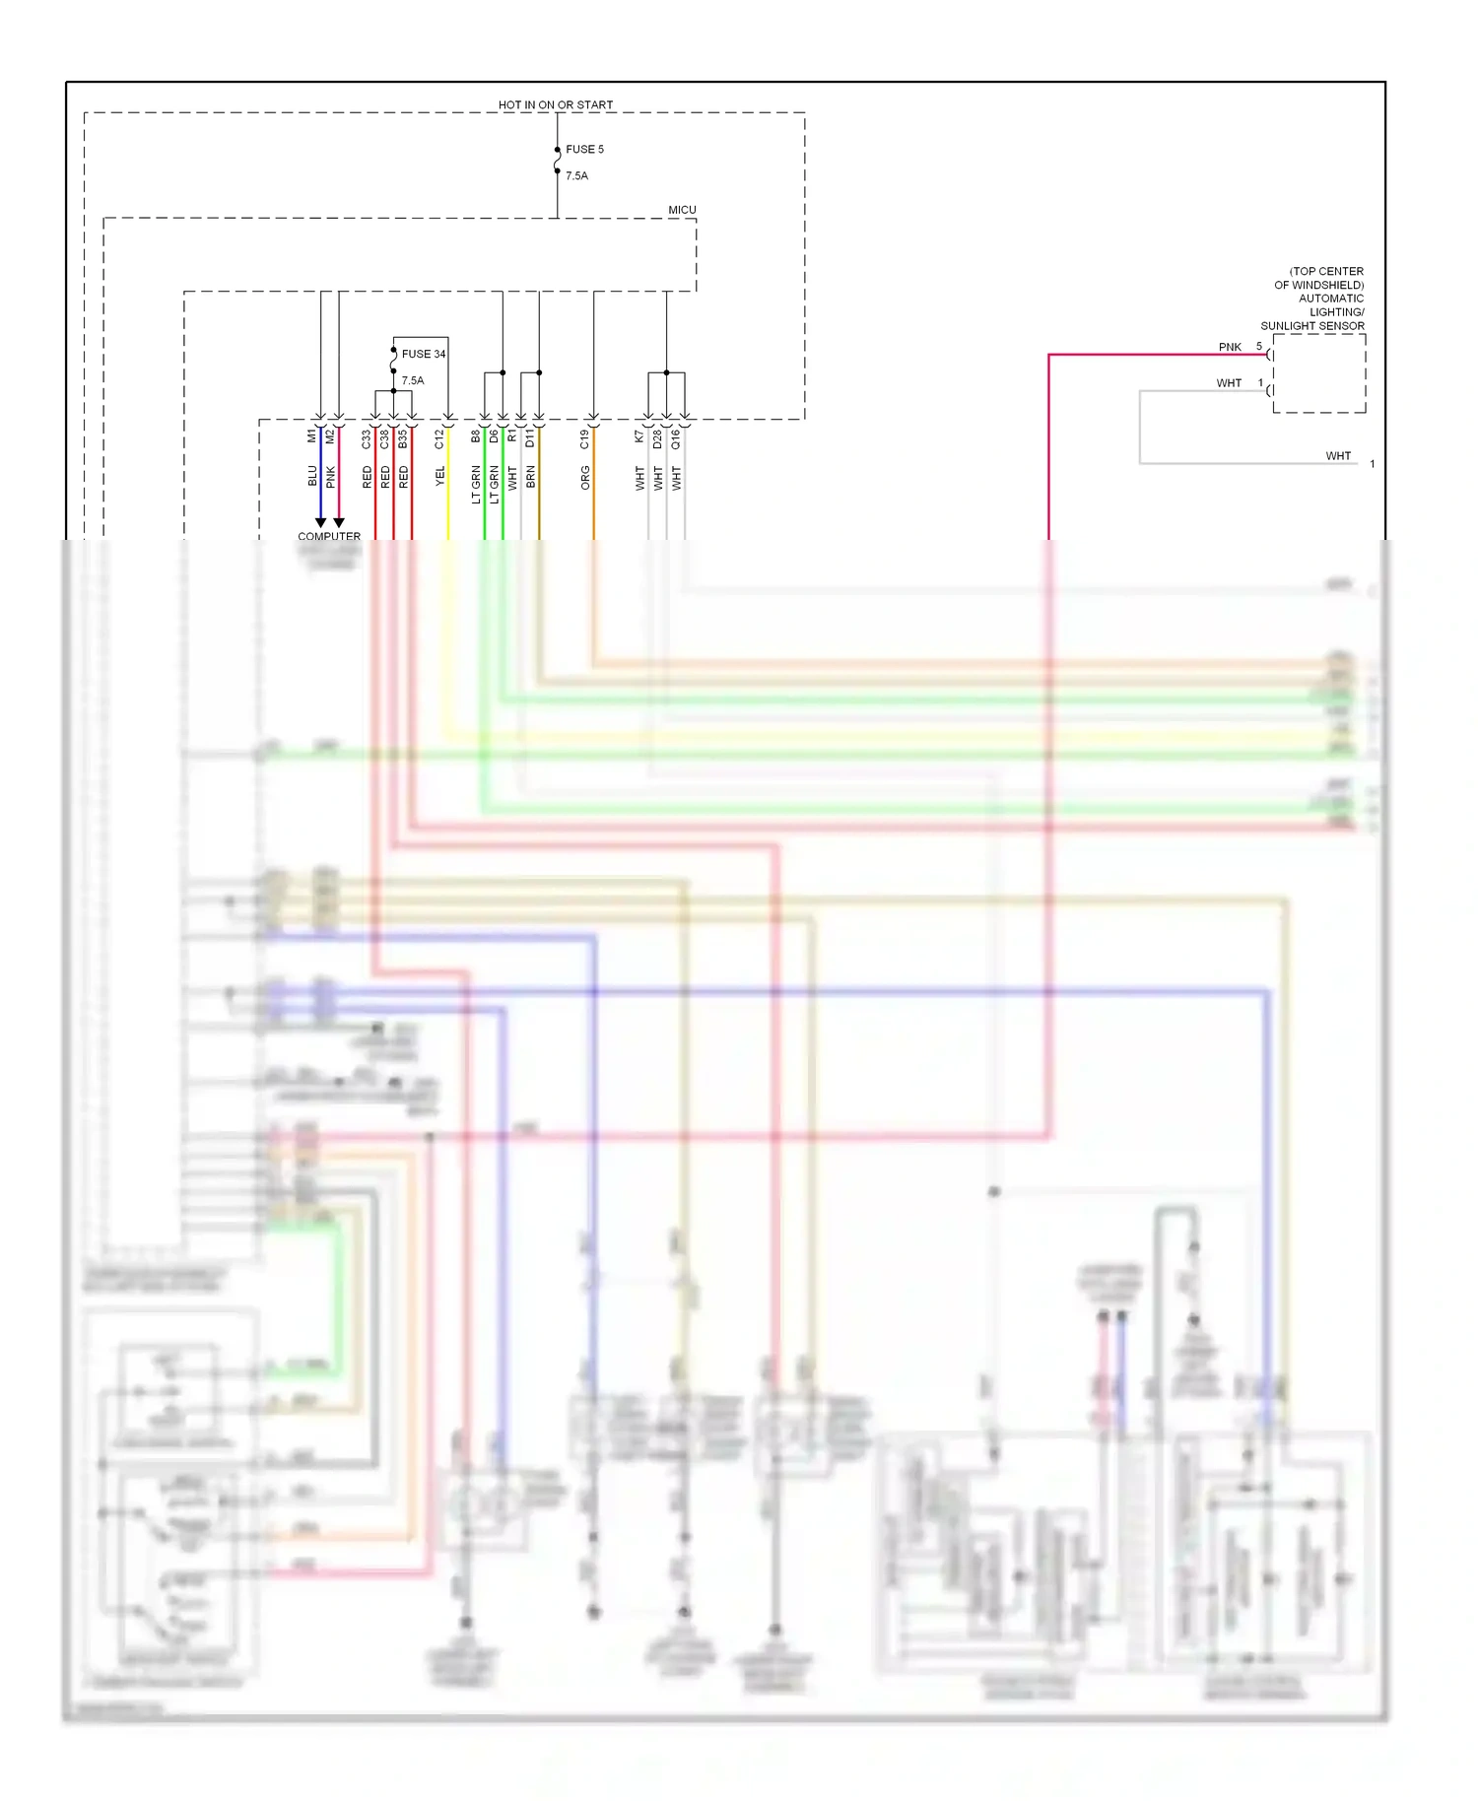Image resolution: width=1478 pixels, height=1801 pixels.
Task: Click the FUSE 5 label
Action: (x=584, y=150)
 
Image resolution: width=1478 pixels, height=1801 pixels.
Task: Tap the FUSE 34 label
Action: (x=423, y=354)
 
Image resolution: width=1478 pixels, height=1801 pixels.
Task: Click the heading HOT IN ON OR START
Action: (x=555, y=104)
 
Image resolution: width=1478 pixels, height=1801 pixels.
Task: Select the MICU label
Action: (x=682, y=210)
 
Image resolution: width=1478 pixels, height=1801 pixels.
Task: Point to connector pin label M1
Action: (x=312, y=434)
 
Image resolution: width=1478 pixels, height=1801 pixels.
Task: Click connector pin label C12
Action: (x=439, y=439)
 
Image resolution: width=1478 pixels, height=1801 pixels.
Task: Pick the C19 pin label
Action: (x=584, y=439)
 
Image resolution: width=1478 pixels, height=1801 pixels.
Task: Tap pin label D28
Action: (x=657, y=439)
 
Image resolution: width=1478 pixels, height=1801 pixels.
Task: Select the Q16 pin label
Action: (x=676, y=439)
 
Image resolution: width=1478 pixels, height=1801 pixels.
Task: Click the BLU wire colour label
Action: (x=312, y=476)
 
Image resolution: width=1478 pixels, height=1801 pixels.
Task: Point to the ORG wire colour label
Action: (x=585, y=479)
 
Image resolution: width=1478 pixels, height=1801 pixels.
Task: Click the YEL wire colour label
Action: (x=440, y=476)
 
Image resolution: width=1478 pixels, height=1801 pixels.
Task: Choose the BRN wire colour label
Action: (x=531, y=478)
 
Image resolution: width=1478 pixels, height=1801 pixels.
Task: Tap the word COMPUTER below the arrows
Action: (x=329, y=537)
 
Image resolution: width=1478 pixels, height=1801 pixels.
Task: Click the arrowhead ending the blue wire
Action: (x=320, y=523)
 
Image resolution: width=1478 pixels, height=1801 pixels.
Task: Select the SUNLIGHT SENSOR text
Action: (x=1312, y=326)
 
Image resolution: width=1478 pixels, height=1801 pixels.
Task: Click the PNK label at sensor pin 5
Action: (x=1230, y=347)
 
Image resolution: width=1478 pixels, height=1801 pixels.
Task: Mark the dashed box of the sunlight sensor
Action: (x=1319, y=373)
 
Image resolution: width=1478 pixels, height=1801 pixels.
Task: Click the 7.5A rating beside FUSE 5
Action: (x=576, y=176)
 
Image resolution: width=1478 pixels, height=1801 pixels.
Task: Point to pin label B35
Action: (x=403, y=439)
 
